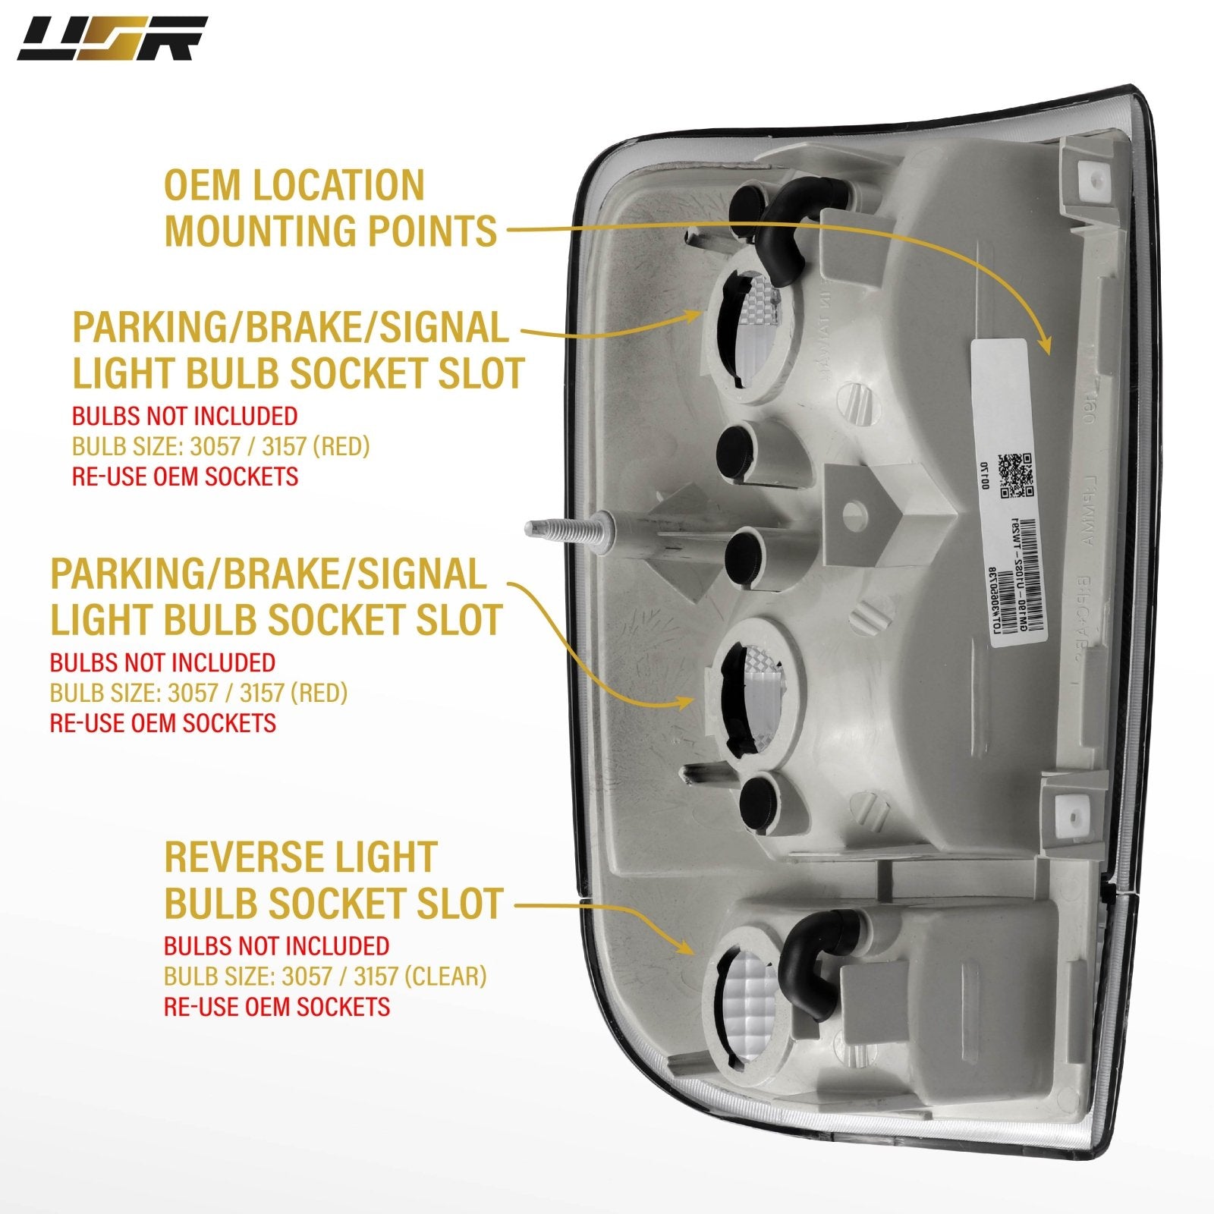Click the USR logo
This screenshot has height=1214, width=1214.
click(112, 39)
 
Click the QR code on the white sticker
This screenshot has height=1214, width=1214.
click(1016, 474)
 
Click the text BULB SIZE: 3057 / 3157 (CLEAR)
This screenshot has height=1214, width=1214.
click(326, 976)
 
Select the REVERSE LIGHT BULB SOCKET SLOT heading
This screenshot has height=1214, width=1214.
click(333, 880)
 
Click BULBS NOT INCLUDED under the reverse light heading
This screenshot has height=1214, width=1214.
click(276, 945)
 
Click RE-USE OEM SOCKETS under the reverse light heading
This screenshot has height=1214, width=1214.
click(277, 1006)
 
